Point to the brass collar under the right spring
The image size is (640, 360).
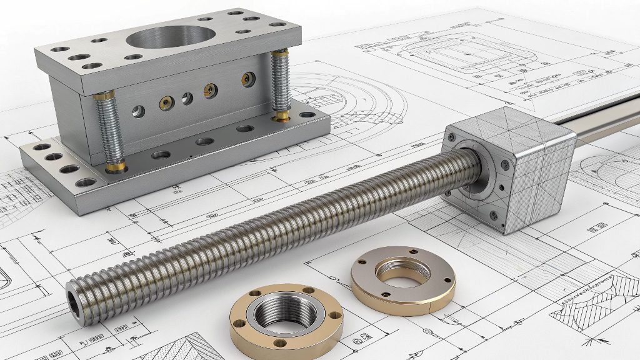coord(282,116)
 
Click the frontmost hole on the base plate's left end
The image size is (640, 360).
coord(84,183)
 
